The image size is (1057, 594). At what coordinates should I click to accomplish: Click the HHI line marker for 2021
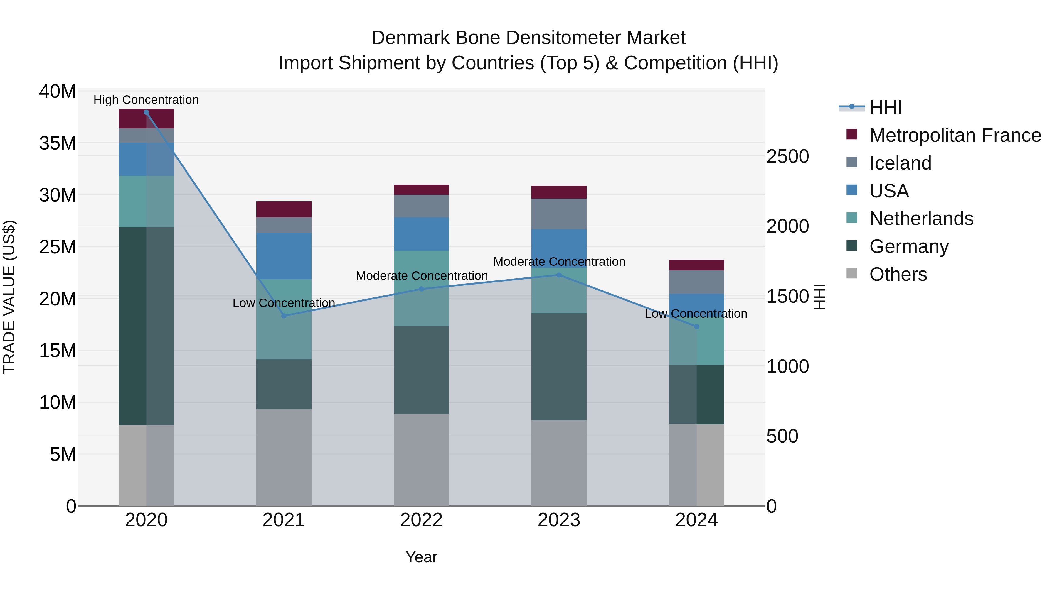[284, 316]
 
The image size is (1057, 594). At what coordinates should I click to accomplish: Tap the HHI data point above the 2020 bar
[146, 112]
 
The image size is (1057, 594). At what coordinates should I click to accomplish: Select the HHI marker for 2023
[559, 275]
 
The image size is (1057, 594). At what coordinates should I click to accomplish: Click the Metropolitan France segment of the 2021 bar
[284, 209]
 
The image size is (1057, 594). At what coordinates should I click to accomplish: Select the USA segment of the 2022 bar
[421, 234]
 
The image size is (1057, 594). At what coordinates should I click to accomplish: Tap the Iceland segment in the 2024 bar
[696, 282]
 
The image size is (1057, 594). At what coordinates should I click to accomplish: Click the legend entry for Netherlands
[921, 219]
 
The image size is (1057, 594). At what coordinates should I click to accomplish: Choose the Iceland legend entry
[900, 163]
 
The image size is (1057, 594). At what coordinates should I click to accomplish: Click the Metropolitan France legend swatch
[852, 134]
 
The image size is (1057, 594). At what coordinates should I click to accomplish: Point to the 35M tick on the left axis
[58, 143]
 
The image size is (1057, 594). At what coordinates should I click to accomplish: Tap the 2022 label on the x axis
[421, 520]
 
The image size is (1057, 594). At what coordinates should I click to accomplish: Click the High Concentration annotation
[146, 100]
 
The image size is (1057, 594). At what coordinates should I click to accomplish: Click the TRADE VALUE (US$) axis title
[9, 297]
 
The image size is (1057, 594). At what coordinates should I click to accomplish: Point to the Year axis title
[421, 557]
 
